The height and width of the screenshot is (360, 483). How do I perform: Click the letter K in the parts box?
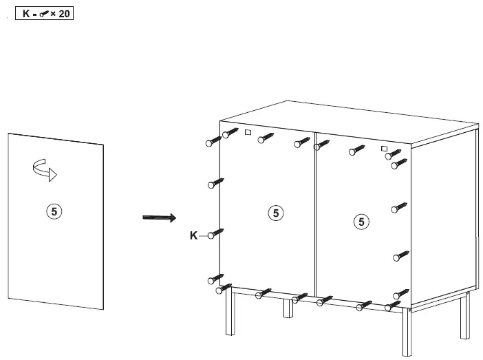click(26, 13)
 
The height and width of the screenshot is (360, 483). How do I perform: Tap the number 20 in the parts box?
click(64, 13)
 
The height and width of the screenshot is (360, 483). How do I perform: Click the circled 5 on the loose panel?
click(56, 211)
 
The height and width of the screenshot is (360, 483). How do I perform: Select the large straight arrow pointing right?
click(159, 218)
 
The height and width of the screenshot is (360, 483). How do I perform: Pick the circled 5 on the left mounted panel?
click(275, 213)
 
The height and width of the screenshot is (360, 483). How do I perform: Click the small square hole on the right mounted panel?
click(384, 149)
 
